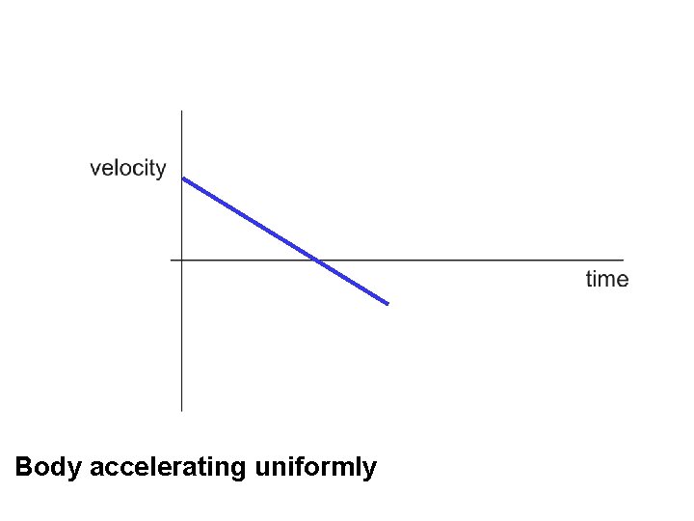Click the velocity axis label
(x=128, y=168)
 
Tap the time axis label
(x=606, y=280)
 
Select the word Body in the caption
(x=48, y=468)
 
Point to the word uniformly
(x=315, y=468)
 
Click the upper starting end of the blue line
(x=184, y=178)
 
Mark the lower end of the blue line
(x=387, y=304)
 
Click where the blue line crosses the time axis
(x=316, y=260)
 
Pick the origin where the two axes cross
(x=182, y=260)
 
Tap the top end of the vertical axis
(x=182, y=112)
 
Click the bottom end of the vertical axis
(x=182, y=410)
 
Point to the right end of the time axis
(x=623, y=260)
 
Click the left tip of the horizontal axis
(x=172, y=260)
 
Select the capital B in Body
(x=25, y=468)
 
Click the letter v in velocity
(x=95, y=169)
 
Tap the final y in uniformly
(x=370, y=471)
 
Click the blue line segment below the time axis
(x=353, y=282)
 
